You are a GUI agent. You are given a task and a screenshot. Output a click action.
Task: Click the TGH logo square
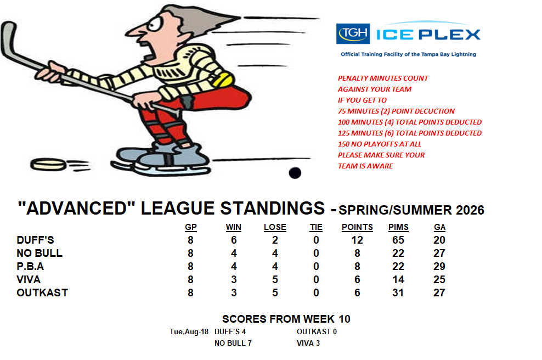(x=353, y=33)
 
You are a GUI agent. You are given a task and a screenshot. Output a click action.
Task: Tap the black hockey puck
(x=295, y=172)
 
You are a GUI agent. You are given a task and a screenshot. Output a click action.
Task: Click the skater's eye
(x=154, y=24)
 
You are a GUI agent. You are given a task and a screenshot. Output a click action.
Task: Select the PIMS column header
(x=398, y=227)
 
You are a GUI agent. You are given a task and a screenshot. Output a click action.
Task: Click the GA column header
(x=439, y=227)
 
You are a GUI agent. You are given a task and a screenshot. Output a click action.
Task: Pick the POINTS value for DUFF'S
(x=357, y=240)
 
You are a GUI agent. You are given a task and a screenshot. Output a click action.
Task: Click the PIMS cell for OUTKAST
(x=398, y=292)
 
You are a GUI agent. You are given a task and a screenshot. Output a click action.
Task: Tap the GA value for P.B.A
(x=439, y=266)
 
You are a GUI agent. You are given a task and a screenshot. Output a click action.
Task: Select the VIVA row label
(x=29, y=279)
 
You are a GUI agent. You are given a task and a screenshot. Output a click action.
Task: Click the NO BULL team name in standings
(x=39, y=253)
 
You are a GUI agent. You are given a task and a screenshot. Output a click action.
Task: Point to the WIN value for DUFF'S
(x=234, y=240)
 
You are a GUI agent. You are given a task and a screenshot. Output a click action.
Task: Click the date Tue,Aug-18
(x=189, y=331)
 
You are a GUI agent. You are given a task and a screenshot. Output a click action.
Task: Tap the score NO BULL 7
(x=233, y=343)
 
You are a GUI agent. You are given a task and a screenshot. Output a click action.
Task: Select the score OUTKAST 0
(x=317, y=331)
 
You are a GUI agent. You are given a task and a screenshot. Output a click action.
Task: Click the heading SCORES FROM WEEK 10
(x=286, y=319)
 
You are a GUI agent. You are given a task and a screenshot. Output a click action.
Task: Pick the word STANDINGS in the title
(x=273, y=208)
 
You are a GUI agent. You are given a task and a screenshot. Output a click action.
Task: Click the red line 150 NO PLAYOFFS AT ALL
(x=380, y=144)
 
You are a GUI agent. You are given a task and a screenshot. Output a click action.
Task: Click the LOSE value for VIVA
(x=275, y=279)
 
